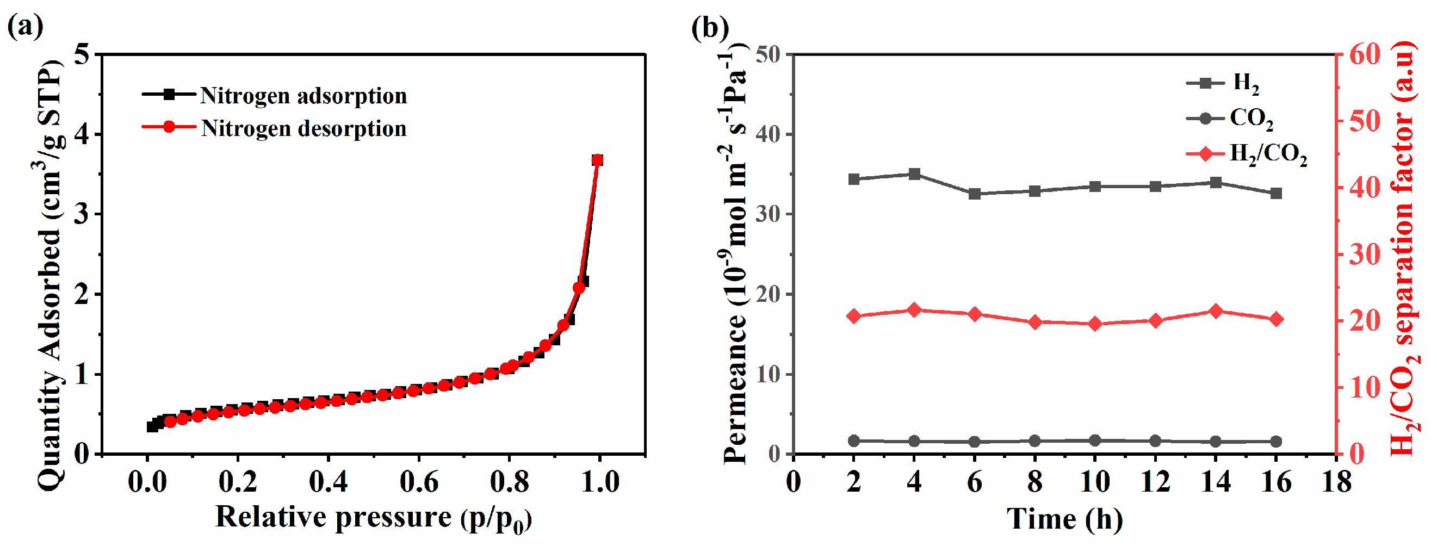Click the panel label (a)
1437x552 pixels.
click(25, 26)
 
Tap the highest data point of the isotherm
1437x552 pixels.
click(597, 160)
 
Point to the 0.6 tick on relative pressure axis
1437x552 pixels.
click(419, 481)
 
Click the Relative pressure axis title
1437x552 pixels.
click(373, 517)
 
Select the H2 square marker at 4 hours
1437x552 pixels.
click(914, 175)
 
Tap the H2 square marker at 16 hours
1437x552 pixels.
click(1276, 194)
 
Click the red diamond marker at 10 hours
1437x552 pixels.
click(1095, 324)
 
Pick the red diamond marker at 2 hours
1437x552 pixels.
click(853, 316)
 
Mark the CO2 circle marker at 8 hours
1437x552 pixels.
click(1035, 441)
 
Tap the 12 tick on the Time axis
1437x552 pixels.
click(1155, 481)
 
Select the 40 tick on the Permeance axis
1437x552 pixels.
click(769, 134)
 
